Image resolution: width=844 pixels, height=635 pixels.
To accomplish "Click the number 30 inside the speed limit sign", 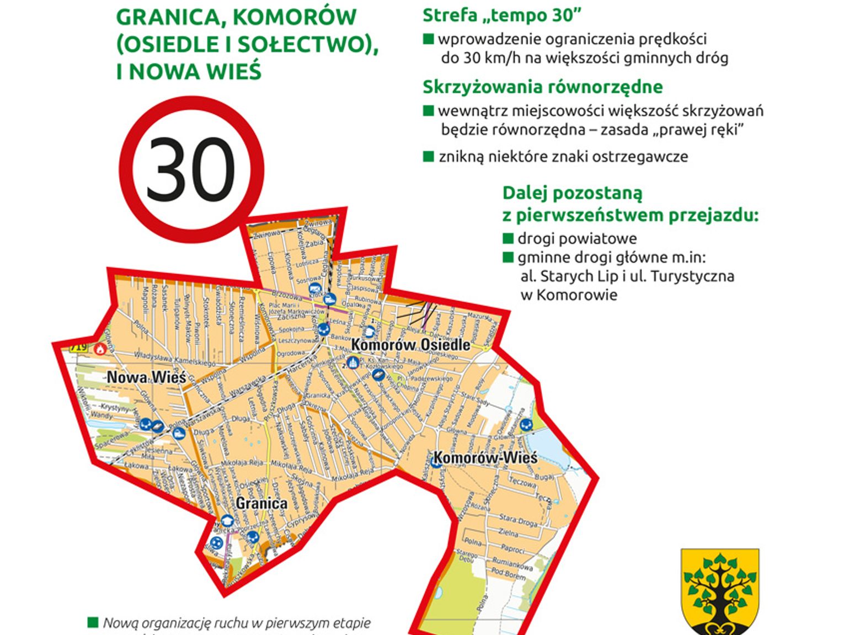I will click(190, 169).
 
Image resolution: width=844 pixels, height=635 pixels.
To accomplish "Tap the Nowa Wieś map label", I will click(146, 377).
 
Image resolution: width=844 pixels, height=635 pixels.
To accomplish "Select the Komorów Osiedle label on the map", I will click(411, 345).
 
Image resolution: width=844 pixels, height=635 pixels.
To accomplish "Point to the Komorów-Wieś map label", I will click(485, 457).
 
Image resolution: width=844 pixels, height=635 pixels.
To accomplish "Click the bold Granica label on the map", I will click(261, 503).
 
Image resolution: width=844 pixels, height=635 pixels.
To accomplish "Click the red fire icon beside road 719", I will click(100, 349).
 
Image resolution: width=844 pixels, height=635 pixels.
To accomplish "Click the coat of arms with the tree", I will click(720, 590).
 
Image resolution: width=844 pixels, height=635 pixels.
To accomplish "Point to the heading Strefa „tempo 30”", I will click(502, 15).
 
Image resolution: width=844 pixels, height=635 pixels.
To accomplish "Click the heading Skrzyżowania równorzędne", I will click(542, 87).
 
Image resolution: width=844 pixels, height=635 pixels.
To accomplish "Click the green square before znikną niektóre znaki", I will click(428, 156).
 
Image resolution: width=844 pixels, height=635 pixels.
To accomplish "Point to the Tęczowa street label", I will click(522, 482).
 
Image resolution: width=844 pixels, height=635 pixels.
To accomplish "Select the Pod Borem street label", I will click(508, 575).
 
